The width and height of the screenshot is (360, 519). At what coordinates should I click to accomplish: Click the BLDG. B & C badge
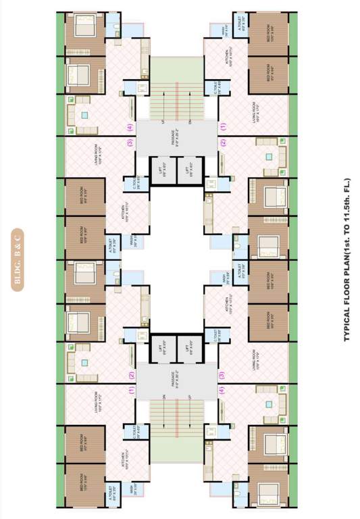point(19,260)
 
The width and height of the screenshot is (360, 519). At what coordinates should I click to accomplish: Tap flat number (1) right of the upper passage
point(223,126)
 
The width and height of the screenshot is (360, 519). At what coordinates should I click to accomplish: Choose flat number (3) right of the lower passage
point(222,374)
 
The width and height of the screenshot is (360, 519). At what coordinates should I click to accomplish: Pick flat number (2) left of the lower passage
point(131,376)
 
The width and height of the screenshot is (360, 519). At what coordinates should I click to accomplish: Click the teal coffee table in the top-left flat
point(84,115)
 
